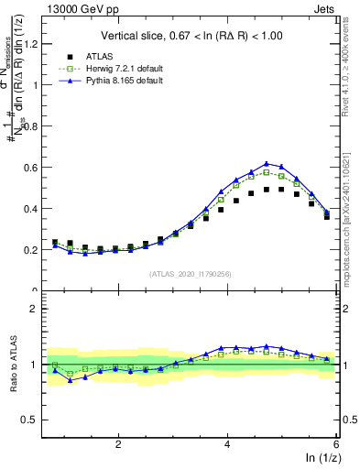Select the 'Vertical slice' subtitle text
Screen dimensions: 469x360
click(x=192, y=36)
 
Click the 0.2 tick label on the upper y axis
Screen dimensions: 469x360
click(x=32, y=249)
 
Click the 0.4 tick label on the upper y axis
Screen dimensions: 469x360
click(x=32, y=208)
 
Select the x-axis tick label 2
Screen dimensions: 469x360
click(x=118, y=443)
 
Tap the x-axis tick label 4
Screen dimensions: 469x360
click(x=227, y=443)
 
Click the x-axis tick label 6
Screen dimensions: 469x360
click(x=336, y=443)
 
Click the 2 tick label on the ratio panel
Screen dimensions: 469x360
click(x=34, y=309)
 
